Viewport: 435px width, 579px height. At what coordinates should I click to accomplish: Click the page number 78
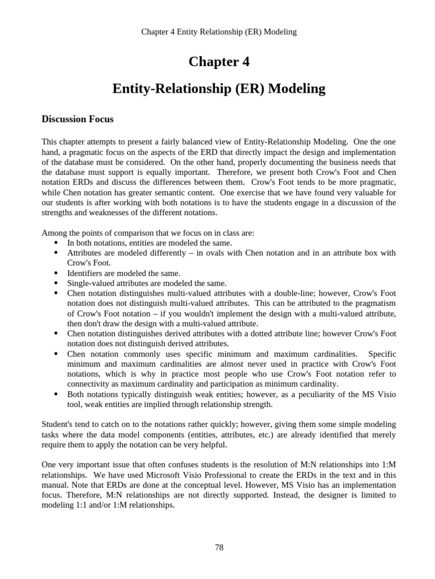click(219, 547)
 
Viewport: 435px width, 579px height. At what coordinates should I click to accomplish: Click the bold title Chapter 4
click(219, 62)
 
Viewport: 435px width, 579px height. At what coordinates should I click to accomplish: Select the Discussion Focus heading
click(78, 119)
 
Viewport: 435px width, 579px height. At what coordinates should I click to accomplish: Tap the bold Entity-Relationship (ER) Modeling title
click(219, 89)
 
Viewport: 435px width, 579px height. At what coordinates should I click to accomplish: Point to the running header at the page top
click(219, 32)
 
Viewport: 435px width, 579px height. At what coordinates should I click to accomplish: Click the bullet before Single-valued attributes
click(56, 283)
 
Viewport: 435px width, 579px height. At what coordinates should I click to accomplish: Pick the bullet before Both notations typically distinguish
click(56, 394)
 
